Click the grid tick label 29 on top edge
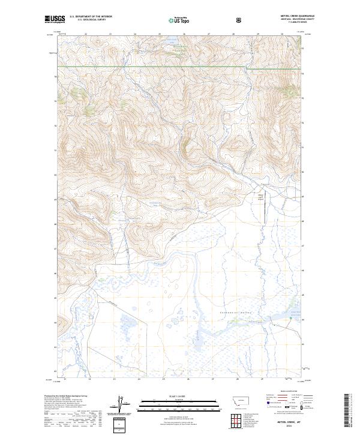pyautogui.click(x=257, y=34)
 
